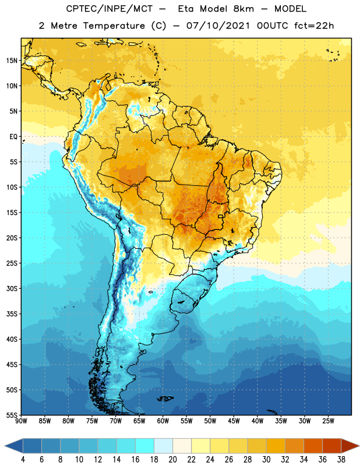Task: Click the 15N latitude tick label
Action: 12,61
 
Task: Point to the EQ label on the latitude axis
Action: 13,137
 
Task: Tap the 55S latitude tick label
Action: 12,415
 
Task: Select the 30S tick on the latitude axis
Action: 12,288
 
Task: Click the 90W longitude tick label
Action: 21,421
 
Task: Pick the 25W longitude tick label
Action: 328,421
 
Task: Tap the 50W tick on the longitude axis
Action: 210,421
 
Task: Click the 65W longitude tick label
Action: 139,421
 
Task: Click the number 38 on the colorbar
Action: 341,460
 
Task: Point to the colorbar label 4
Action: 23,460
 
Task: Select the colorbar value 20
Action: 172,460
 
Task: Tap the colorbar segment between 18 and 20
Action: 163,446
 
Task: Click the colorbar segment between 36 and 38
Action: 332,446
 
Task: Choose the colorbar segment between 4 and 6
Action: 32,446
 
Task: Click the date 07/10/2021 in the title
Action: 218,26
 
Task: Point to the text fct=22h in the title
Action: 314,26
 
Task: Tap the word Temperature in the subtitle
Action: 114,26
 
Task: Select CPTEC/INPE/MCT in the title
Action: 109,9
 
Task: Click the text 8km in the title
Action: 243,9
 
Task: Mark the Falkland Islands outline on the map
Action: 165,398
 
